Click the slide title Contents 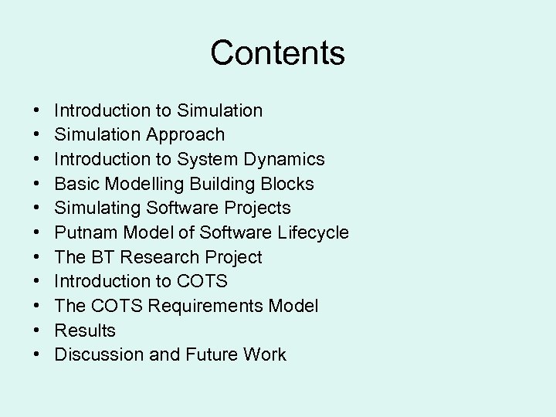[x=277, y=53]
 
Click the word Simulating [x=98, y=208]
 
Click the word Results [x=85, y=331]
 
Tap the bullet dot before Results [x=38, y=331]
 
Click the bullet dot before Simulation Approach [x=38, y=135]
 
